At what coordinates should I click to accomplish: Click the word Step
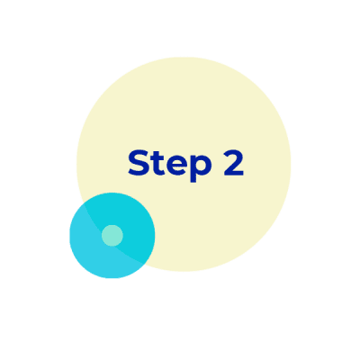pyautogui.click(x=170, y=164)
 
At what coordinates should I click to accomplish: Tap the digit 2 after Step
pyautogui.click(x=233, y=163)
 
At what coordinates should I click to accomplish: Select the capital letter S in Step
pyautogui.click(x=139, y=163)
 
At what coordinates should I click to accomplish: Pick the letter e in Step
pyautogui.click(x=176, y=166)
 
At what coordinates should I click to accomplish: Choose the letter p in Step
pyautogui.click(x=201, y=169)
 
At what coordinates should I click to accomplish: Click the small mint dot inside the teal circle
pyautogui.click(x=112, y=236)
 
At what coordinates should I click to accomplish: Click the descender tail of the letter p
pyautogui.click(x=193, y=178)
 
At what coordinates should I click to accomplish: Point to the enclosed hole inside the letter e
pyautogui.click(x=176, y=162)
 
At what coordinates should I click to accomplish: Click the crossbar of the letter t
pyautogui.click(x=157, y=159)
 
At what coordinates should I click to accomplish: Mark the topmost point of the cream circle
pyautogui.click(x=184, y=57)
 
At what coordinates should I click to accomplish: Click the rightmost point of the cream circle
pyautogui.click(x=291, y=164)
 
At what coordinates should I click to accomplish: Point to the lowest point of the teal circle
pyautogui.click(x=112, y=278)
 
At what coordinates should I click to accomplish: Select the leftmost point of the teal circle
pyautogui.click(x=69, y=236)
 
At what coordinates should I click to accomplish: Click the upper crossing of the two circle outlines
pyautogui.click(x=84, y=203)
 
